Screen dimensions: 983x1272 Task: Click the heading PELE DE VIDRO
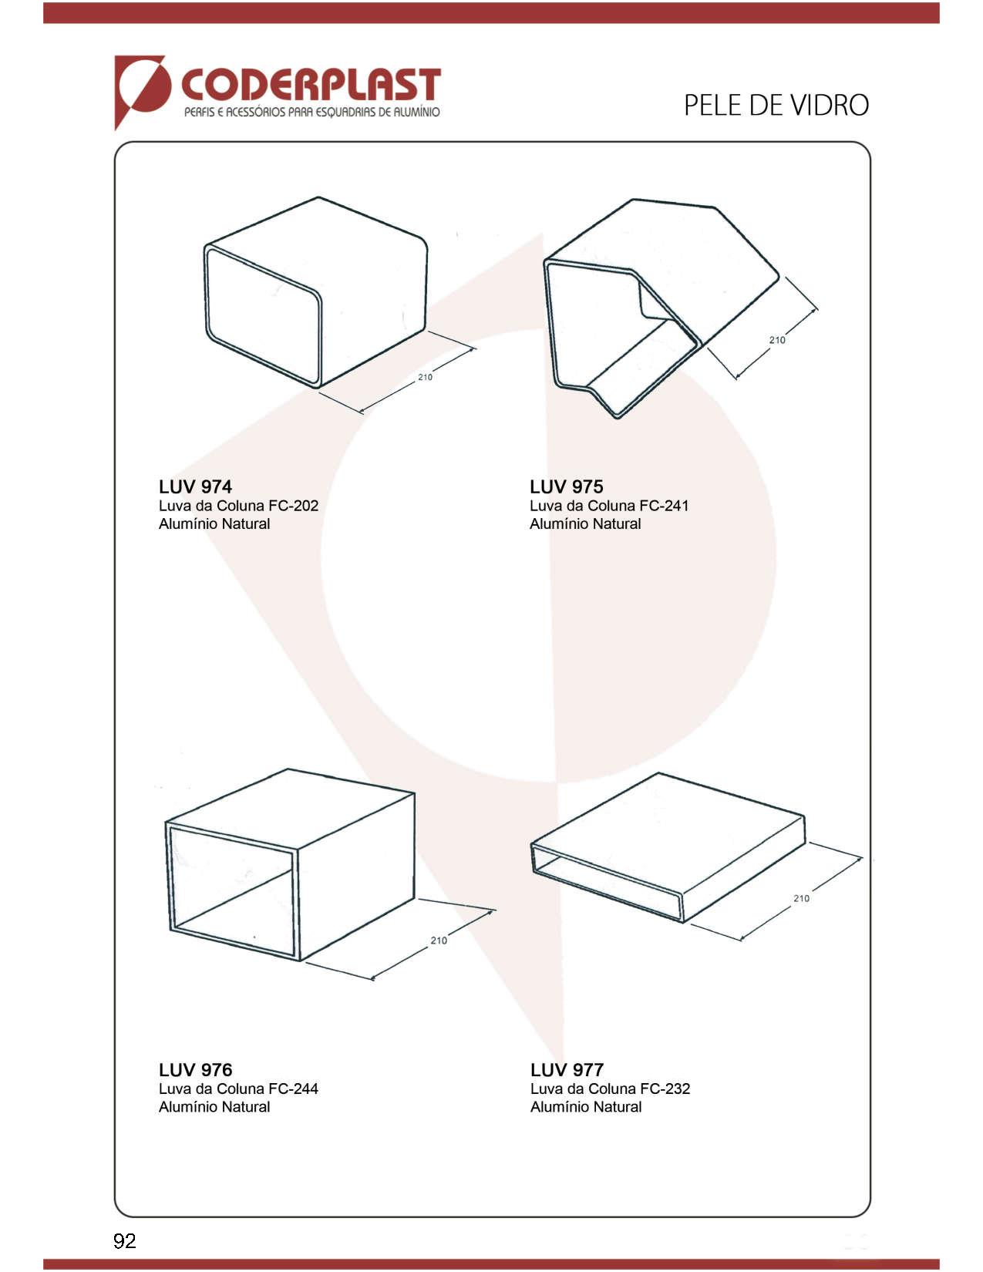click(x=776, y=106)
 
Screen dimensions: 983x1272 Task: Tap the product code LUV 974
click(x=196, y=486)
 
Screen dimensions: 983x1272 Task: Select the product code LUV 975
click(x=566, y=486)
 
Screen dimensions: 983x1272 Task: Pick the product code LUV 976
click(x=196, y=1070)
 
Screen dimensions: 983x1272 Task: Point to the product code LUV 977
click(x=567, y=1070)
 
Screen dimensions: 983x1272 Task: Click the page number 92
click(x=125, y=1241)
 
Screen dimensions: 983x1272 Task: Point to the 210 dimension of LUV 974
click(x=425, y=377)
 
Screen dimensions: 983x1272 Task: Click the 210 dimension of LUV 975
click(x=777, y=339)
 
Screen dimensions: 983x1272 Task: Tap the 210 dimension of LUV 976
click(x=439, y=940)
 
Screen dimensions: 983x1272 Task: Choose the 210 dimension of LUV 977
click(x=802, y=898)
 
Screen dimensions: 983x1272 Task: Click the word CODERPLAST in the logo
click(x=311, y=85)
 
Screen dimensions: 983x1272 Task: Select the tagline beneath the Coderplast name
click(x=312, y=113)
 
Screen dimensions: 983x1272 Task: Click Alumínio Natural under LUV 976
click(x=214, y=1107)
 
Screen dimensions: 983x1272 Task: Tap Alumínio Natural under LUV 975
click(x=585, y=524)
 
